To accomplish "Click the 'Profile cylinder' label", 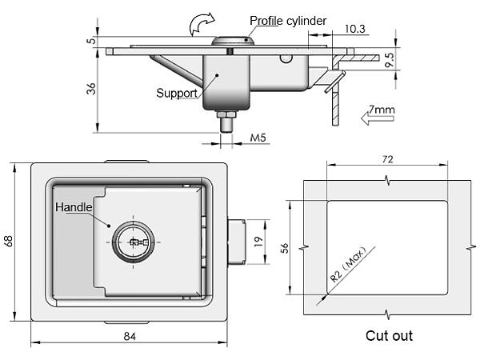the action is click(x=288, y=21).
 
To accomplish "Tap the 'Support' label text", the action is click(x=177, y=93).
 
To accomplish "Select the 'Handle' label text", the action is click(x=74, y=207).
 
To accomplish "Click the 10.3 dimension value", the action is click(x=354, y=29).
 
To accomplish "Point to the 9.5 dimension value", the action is click(x=389, y=60).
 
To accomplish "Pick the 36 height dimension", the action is click(x=91, y=89).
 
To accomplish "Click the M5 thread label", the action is click(x=258, y=138).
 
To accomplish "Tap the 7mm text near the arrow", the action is click(x=382, y=110).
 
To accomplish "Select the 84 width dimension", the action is click(x=130, y=337).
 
